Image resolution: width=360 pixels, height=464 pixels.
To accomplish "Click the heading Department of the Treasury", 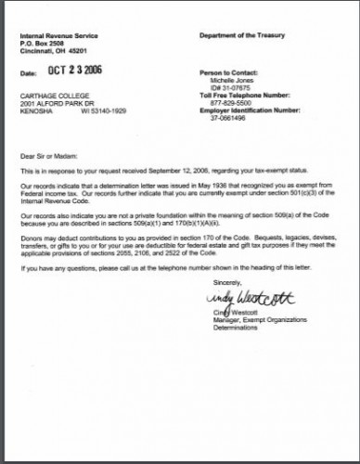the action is coord(238,34).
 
